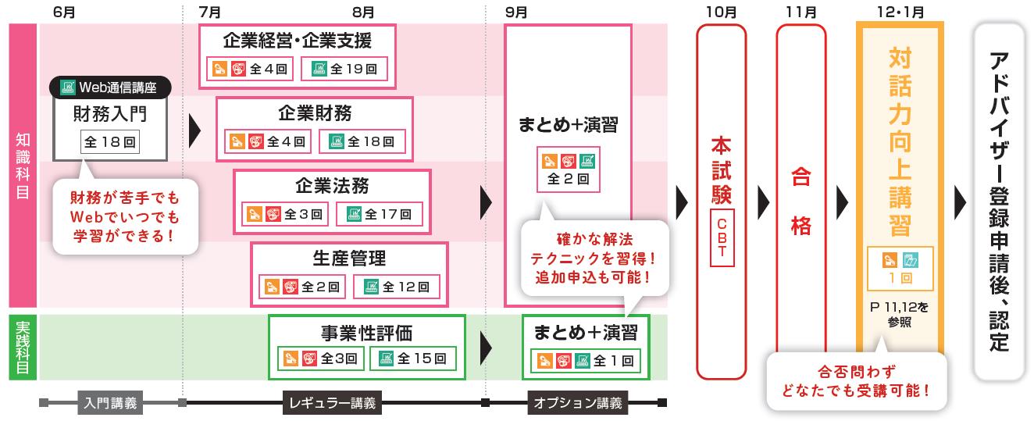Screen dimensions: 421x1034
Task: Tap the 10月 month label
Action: click(x=720, y=12)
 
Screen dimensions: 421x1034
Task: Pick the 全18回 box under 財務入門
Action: click(x=110, y=142)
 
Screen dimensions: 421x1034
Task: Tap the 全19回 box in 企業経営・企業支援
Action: click(x=345, y=69)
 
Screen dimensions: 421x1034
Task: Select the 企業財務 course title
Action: click(x=315, y=113)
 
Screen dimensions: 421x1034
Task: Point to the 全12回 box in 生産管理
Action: click(x=396, y=287)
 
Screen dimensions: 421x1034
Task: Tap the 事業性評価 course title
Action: click(x=366, y=332)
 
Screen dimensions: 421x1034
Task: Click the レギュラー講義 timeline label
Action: click(x=333, y=404)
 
